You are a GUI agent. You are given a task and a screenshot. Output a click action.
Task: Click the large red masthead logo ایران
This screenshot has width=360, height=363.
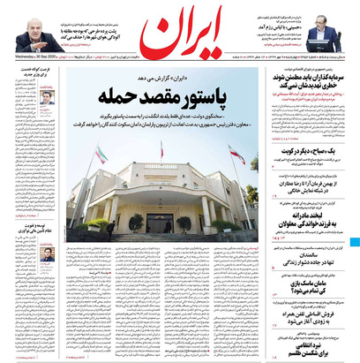(180, 34)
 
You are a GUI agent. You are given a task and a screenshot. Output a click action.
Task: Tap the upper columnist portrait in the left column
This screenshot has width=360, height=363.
(46, 98)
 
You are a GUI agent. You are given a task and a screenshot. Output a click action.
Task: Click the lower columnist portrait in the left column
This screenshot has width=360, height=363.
(46, 254)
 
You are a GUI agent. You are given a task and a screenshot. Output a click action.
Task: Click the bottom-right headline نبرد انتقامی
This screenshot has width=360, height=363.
(309, 348)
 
